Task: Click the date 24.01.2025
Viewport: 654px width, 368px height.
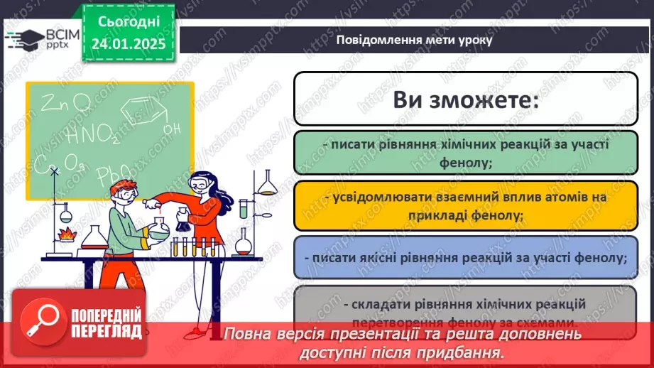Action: pos(128,43)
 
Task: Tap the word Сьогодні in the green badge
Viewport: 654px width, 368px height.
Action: pos(128,23)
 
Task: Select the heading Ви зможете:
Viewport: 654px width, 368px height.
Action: pos(464,99)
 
